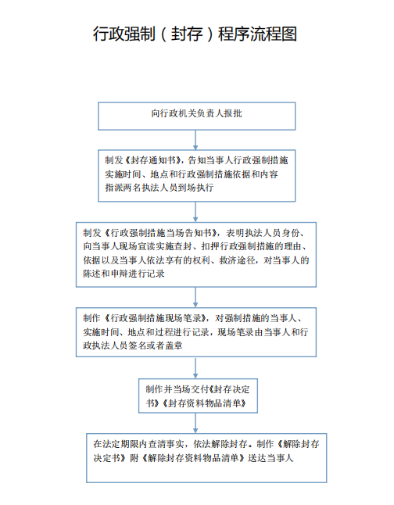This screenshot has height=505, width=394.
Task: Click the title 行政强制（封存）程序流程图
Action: [195, 34]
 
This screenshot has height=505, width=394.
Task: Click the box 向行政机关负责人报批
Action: [196, 116]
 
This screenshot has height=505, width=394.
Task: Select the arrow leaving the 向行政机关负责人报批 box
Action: [195, 140]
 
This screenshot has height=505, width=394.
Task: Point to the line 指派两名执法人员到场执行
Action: [159, 188]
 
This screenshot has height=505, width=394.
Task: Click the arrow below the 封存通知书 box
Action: [195, 212]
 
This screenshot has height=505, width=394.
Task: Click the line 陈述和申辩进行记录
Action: [124, 274]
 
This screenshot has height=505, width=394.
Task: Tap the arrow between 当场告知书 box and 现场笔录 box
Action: [195, 297]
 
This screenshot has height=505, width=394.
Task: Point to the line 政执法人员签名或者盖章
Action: [133, 346]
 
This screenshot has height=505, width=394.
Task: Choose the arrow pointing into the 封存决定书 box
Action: [195, 367]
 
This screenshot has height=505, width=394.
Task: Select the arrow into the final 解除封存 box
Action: [195, 423]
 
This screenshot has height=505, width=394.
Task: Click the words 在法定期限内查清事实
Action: [138, 444]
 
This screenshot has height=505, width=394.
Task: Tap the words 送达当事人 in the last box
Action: [270, 458]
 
